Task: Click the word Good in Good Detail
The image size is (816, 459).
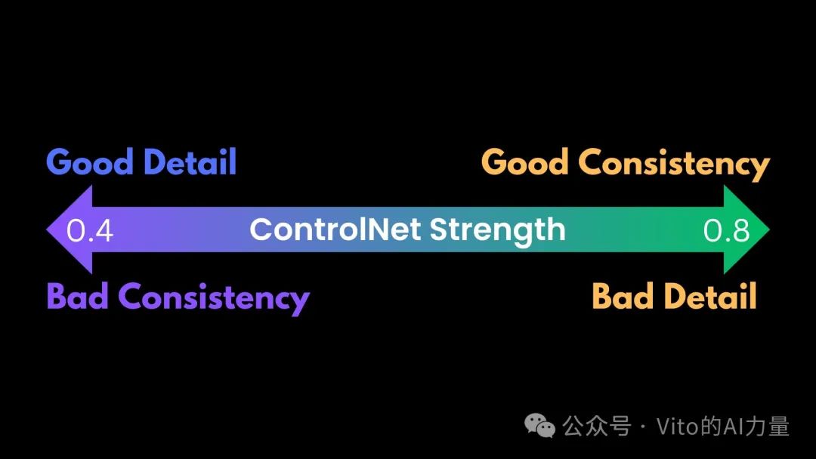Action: point(89,162)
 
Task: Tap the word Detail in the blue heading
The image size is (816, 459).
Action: point(190,162)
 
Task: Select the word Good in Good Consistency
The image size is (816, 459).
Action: point(524,162)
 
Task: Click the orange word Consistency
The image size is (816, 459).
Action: point(674,165)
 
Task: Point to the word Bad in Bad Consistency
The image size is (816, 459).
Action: point(78,296)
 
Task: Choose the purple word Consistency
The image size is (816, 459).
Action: point(214,298)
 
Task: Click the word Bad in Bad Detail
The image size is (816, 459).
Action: point(623,296)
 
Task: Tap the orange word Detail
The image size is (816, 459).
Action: point(709,296)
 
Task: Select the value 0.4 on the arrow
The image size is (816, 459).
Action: point(89,230)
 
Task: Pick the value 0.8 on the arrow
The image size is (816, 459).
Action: point(727,230)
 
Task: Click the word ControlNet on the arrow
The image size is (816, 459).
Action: point(335,229)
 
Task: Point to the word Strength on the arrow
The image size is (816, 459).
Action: point(497,232)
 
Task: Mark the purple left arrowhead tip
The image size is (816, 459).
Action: point(46,229)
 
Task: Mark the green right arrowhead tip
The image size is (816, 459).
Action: point(770,229)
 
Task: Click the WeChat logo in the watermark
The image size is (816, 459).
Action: point(539,427)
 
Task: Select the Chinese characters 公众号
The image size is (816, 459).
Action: point(597,427)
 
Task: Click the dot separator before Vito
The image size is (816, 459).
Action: point(644,427)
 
